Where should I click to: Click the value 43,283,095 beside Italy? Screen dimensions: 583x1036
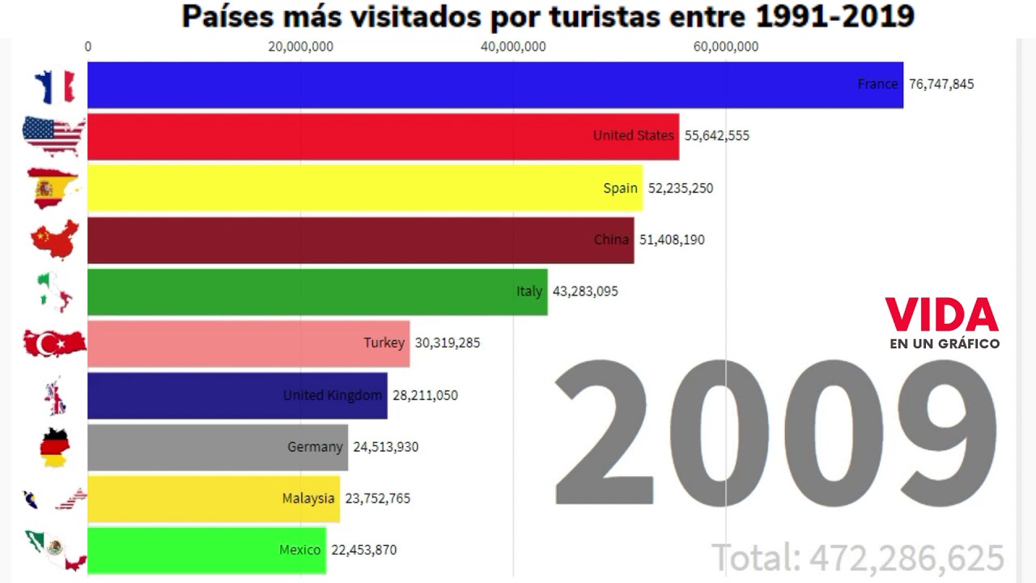point(585,291)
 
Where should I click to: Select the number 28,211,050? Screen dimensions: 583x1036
point(425,395)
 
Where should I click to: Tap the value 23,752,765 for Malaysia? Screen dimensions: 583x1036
point(377,499)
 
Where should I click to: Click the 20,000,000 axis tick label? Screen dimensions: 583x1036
point(300,47)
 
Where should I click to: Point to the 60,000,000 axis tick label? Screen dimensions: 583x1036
point(726,47)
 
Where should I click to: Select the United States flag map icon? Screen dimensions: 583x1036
point(53,136)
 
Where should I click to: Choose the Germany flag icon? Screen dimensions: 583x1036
point(54,448)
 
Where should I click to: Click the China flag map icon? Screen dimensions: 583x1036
point(54,240)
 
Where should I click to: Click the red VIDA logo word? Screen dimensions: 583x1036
point(941,315)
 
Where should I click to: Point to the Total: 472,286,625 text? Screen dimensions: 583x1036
point(858,558)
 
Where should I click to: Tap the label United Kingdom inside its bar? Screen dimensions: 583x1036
point(332,395)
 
